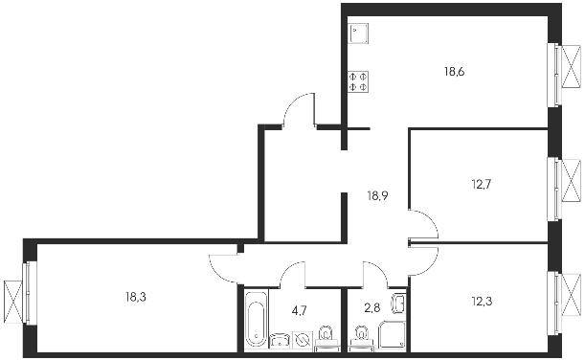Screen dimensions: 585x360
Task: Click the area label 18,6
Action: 454,71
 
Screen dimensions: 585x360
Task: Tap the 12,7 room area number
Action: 482,184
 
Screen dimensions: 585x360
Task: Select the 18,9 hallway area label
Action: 377,195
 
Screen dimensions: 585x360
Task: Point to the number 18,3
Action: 136,298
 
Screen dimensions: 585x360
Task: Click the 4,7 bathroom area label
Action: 300,310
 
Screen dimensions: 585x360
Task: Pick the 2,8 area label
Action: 372,307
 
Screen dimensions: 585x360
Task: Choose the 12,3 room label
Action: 482,301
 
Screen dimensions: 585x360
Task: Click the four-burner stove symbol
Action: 358,81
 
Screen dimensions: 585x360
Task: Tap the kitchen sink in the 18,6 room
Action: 358,34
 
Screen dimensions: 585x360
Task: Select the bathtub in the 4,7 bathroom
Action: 257,320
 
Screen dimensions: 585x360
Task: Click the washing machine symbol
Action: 303,340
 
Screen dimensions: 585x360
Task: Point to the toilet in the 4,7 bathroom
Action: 326,339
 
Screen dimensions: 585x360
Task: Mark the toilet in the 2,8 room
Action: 362,339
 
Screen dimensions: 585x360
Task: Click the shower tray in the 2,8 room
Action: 393,335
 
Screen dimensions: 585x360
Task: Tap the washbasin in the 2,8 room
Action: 398,304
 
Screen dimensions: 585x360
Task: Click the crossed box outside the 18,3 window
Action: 13,303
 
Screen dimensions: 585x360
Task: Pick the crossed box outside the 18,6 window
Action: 572,66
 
